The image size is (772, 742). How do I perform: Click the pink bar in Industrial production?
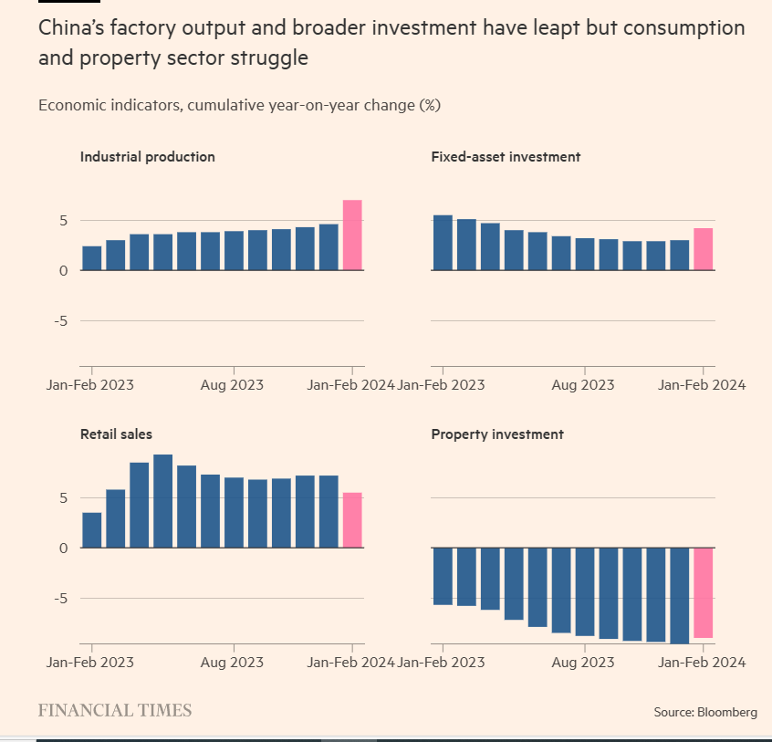[x=352, y=235]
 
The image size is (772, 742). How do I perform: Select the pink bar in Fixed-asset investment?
[x=703, y=249]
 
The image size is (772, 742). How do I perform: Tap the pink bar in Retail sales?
[x=352, y=520]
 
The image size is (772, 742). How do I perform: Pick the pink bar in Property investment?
[x=703, y=592]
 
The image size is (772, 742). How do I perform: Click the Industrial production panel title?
[x=148, y=156]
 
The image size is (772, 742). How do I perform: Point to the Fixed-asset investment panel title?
[x=506, y=156]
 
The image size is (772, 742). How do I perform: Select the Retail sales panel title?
[x=117, y=434]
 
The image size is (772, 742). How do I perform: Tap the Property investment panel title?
[x=497, y=434]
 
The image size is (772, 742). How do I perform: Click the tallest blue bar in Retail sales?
[x=163, y=501]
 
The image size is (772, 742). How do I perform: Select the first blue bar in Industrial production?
[x=92, y=258]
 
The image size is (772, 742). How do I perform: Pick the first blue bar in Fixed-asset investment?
[x=443, y=243]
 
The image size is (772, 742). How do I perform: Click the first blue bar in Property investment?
[x=443, y=576]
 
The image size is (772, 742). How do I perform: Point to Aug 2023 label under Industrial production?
[x=233, y=384]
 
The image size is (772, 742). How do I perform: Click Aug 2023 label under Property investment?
[x=583, y=662]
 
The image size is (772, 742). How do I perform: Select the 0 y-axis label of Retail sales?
[x=64, y=548]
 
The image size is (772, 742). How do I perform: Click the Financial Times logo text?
[x=115, y=710]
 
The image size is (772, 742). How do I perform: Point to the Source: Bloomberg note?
[x=704, y=712]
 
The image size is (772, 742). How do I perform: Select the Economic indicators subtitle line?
[x=240, y=105]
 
